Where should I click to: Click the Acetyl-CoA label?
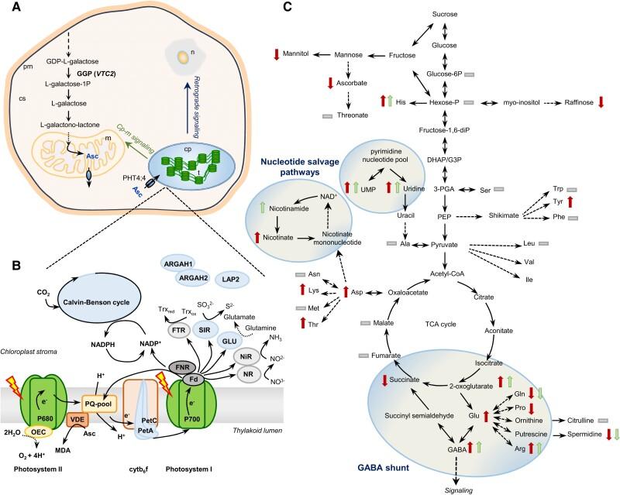444,274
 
